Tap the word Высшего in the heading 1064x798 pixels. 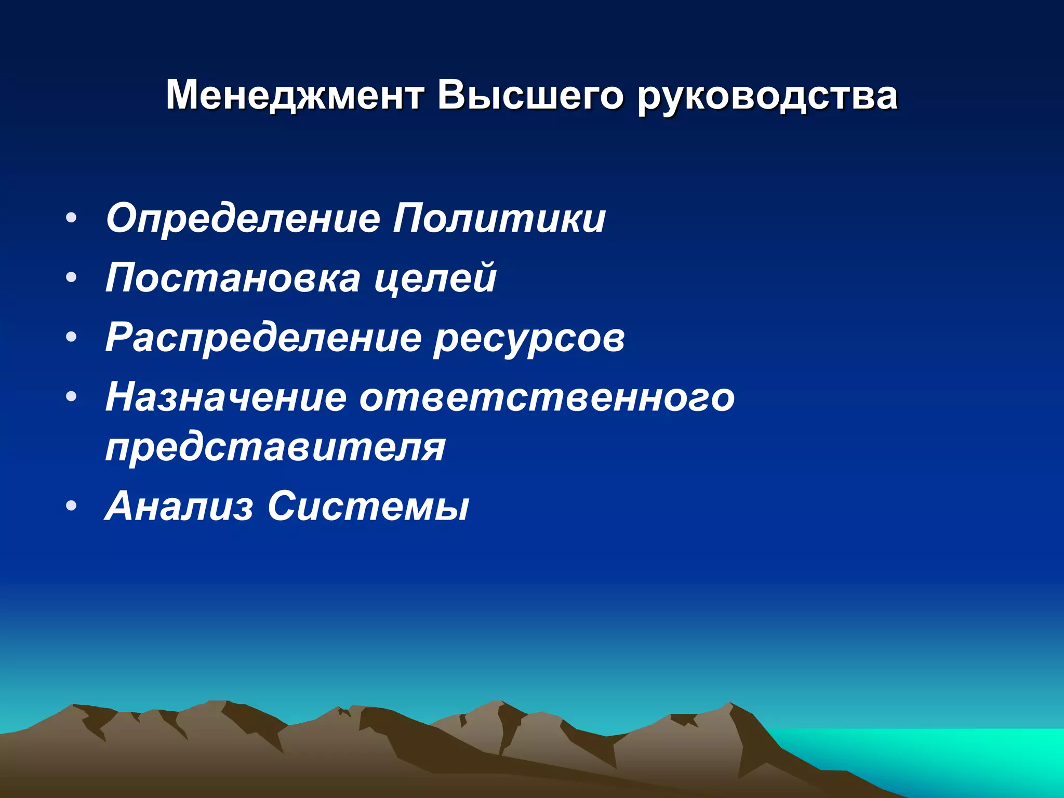pyautogui.click(x=529, y=96)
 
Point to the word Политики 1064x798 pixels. pyautogui.click(x=499, y=218)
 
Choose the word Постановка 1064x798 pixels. pyautogui.click(x=233, y=278)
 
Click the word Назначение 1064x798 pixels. pyautogui.click(x=225, y=397)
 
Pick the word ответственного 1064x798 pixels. pyautogui.click(x=547, y=398)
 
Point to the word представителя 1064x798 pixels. pyautogui.click(x=275, y=448)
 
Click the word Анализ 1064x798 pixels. pyautogui.click(x=179, y=506)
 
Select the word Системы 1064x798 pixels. pyautogui.click(x=368, y=507)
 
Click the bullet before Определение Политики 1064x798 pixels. pyautogui.click(x=72, y=218)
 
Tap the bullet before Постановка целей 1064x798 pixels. pyautogui.click(x=72, y=277)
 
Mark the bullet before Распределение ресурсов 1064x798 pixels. pyautogui.click(x=72, y=337)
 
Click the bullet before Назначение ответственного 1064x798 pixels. pyautogui.click(x=72, y=397)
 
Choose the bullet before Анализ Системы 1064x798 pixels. pyautogui.click(x=72, y=506)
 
